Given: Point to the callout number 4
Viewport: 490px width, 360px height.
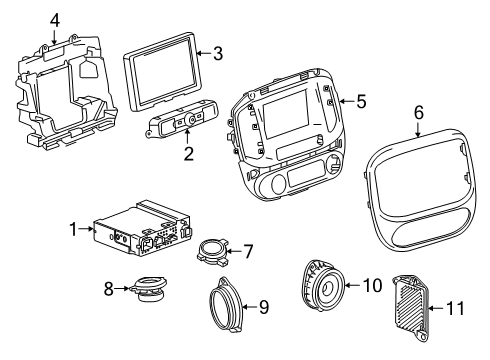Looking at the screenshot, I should (x=56, y=19).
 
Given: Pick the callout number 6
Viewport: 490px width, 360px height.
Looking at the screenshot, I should (x=418, y=113).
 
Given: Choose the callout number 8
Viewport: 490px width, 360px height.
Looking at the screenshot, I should (x=110, y=289).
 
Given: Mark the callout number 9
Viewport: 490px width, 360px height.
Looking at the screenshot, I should (x=263, y=307).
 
